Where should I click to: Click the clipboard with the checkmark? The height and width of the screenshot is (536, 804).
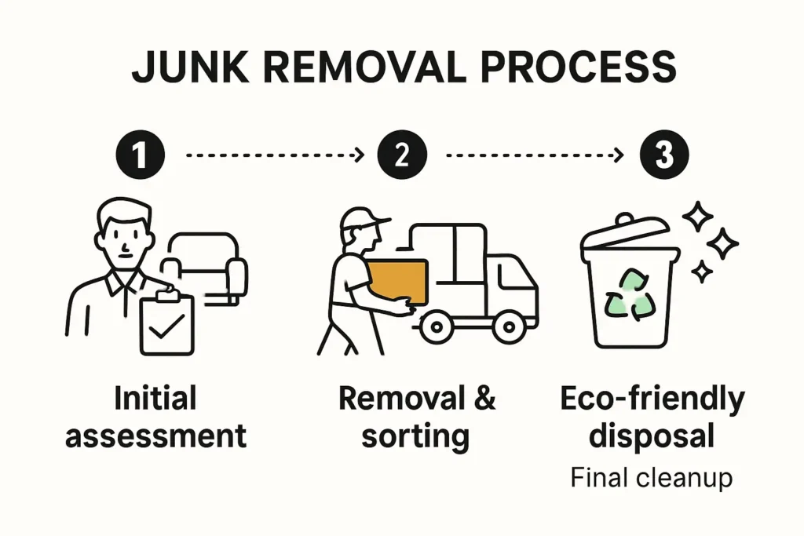click(x=166, y=323)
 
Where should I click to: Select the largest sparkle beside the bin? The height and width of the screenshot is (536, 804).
click(x=696, y=215)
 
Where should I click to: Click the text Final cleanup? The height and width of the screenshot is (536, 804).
click(x=651, y=477)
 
